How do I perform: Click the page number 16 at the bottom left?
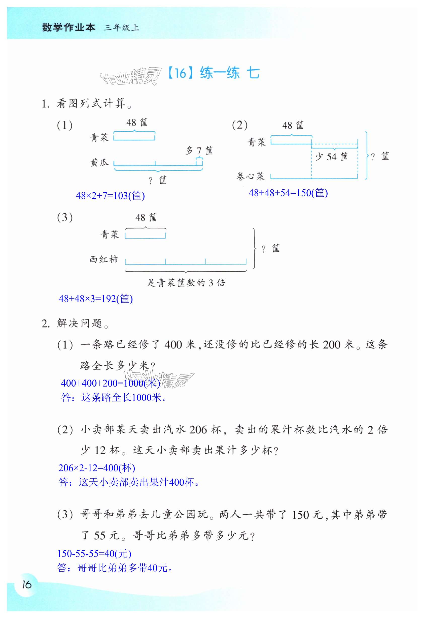(27, 584)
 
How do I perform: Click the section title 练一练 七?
(229, 73)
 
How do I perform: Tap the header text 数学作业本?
(68, 27)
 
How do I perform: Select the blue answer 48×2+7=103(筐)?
(110, 196)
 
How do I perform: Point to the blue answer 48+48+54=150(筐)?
(288, 193)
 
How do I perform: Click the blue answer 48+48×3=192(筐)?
(96, 299)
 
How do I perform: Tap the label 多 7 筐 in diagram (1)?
(199, 151)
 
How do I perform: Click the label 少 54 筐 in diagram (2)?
(332, 157)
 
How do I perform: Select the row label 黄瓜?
(99, 162)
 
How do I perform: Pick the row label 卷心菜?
(250, 176)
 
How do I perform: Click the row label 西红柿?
(103, 259)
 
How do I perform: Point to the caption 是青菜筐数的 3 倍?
(186, 283)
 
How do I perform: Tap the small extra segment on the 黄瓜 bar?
(199, 162)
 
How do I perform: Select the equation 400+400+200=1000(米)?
(110, 383)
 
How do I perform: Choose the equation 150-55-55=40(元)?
(94, 553)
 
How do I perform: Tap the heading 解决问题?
(79, 323)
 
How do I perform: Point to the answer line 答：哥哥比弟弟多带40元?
(115, 568)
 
